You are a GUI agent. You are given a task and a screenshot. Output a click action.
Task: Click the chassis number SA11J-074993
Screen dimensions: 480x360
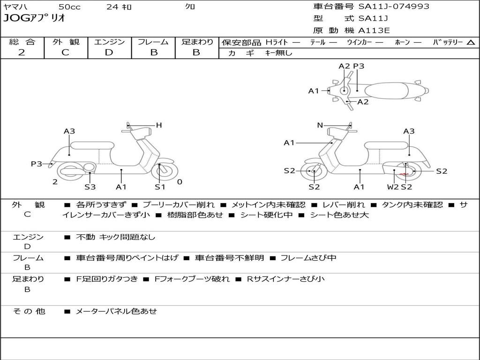394,7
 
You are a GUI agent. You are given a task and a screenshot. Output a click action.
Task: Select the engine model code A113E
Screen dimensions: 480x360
374,30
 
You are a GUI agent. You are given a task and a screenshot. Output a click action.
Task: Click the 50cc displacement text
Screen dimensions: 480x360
69,7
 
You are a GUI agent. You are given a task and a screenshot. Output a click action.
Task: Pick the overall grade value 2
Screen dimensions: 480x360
22,52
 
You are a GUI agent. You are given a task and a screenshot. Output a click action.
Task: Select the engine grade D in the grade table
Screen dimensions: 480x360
109,52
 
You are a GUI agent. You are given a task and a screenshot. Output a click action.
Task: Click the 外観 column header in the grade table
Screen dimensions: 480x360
66,42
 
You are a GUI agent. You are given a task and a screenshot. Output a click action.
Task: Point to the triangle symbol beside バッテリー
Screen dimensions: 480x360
471,43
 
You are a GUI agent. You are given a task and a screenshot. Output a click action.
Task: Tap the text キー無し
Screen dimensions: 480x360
278,53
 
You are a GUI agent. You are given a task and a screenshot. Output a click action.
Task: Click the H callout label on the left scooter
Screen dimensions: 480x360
158,125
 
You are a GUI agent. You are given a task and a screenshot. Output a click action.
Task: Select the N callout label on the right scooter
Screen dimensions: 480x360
320,125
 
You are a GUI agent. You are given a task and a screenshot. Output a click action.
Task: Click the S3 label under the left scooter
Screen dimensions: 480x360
90,187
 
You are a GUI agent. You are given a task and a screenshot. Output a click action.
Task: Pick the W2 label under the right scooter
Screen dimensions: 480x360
392,187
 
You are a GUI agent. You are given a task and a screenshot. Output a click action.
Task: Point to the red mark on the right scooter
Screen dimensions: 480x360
404,174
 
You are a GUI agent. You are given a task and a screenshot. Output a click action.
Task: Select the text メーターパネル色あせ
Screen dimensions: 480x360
116,311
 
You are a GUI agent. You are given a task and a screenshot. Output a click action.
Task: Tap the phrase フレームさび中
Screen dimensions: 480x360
308,258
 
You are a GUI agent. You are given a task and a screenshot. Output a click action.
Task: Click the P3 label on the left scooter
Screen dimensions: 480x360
37,164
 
